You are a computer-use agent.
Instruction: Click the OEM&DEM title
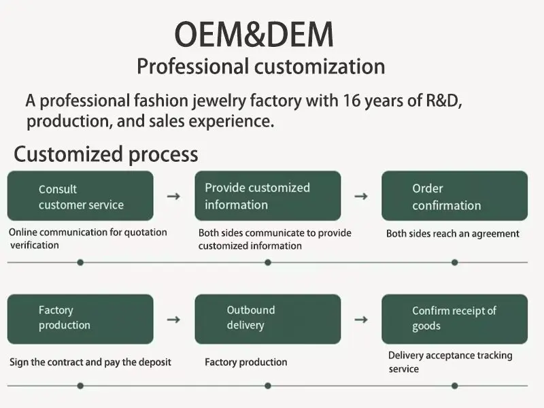(x=254, y=33)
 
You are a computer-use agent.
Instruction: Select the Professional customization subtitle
(x=260, y=67)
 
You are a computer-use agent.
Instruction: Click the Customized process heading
(x=105, y=154)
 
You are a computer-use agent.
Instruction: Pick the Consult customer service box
(x=80, y=196)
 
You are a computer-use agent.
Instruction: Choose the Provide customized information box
(x=267, y=196)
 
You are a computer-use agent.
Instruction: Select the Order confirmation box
(x=454, y=196)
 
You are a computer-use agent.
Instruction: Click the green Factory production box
(x=80, y=318)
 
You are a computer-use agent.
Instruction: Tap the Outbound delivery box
(x=267, y=318)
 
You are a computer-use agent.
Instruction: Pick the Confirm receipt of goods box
(x=454, y=318)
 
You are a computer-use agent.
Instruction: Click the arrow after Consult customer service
(x=173, y=196)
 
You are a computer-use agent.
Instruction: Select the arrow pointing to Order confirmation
(x=361, y=196)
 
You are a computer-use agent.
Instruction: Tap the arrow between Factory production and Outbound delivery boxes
(x=173, y=319)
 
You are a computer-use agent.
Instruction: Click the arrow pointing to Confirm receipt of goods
(x=361, y=319)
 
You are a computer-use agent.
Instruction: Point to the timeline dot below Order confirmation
(x=454, y=262)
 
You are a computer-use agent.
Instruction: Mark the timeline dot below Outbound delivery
(x=267, y=386)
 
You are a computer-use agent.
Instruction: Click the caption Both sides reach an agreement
(x=452, y=234)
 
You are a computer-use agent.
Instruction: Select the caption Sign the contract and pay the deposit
(x=90, y=362)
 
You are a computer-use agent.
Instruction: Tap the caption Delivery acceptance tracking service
(x=450, y=362)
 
